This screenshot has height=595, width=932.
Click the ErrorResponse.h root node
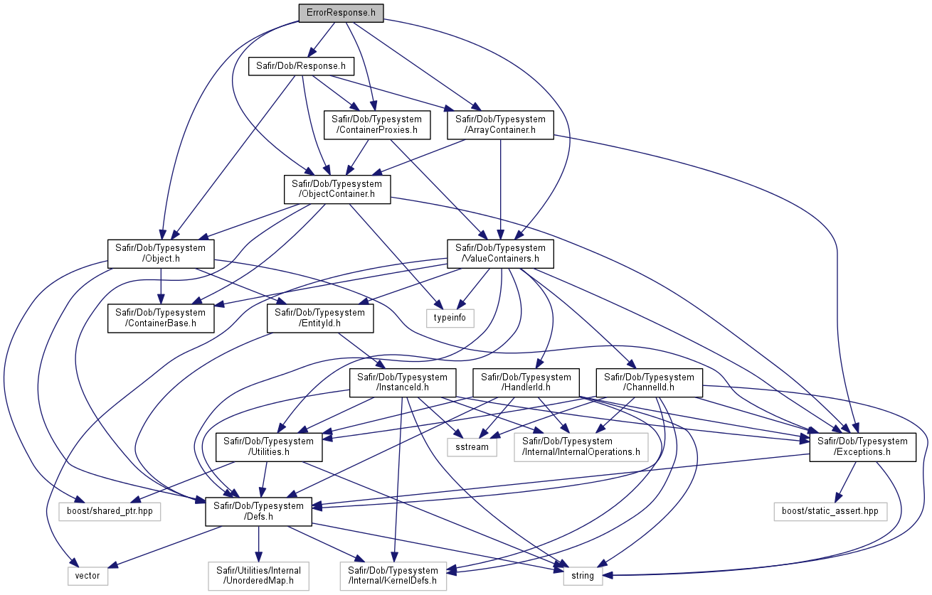point(341,13)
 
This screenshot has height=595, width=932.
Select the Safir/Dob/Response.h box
point(301,66)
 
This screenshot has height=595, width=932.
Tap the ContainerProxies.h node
point(376,124)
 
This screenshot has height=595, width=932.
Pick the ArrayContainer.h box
point(500,124)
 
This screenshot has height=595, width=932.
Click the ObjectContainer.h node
point(337,189)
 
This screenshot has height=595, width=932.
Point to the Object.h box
point(161,254)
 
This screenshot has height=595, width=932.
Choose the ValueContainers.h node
point(500,254)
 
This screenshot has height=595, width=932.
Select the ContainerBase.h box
point(161,318)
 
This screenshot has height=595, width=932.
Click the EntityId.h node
point(320,318)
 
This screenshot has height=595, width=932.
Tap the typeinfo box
point(450,318)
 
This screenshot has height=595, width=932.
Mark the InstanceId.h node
point(403,382)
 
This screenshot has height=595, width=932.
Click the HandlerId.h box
point(526,382)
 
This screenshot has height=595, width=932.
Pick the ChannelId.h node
point(649,382)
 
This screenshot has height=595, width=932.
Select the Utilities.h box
point(269,447)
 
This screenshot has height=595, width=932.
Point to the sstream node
point(472,447)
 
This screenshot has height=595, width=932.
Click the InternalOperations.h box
point(581,447)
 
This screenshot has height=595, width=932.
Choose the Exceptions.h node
point(862,447)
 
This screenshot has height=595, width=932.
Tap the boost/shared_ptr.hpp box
point(110,511)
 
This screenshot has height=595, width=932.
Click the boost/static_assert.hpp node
point(830,511)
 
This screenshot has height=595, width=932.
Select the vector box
point(88,577)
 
